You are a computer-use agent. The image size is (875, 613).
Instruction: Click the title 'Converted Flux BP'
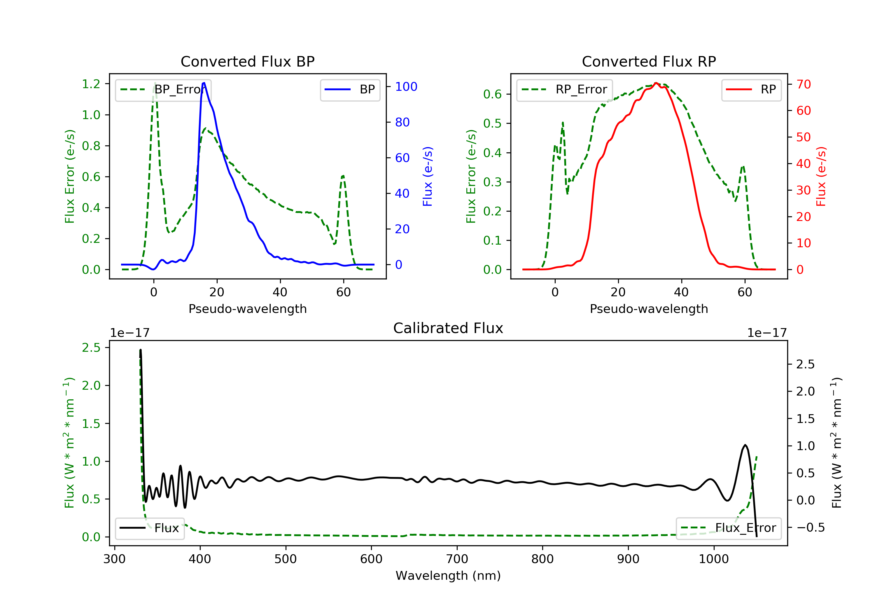[x=247, y=61]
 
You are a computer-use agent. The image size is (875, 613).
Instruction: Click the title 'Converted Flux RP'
[x=649, y=61]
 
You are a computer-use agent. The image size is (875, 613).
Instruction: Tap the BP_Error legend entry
[x=163, y=90]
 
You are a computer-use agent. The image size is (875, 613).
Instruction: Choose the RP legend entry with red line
[x=751, y=90]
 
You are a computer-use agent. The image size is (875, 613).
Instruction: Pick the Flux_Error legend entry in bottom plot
[x=728, y=528]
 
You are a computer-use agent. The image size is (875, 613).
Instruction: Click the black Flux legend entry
[x=150, y=528]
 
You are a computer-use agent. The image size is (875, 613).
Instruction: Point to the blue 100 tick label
[x=406, y=87]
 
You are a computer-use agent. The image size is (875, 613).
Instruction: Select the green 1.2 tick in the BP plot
[x=91, y=84]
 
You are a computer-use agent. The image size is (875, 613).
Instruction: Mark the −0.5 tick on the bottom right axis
[x=810, y=527]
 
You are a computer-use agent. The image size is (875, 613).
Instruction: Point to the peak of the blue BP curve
[x=204, y=83]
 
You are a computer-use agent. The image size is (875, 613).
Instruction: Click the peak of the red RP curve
[x=656, y=83]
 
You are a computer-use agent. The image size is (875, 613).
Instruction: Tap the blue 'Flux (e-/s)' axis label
[x=428, y=176]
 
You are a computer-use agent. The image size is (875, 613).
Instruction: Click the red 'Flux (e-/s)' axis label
[x=821, y=176]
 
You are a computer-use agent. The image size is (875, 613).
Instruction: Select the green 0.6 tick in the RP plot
[x=492, y=94]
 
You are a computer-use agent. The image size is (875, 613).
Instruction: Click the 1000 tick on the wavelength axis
[x=713, y=559]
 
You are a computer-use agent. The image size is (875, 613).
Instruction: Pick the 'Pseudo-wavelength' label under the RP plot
[x=649, y=309]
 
